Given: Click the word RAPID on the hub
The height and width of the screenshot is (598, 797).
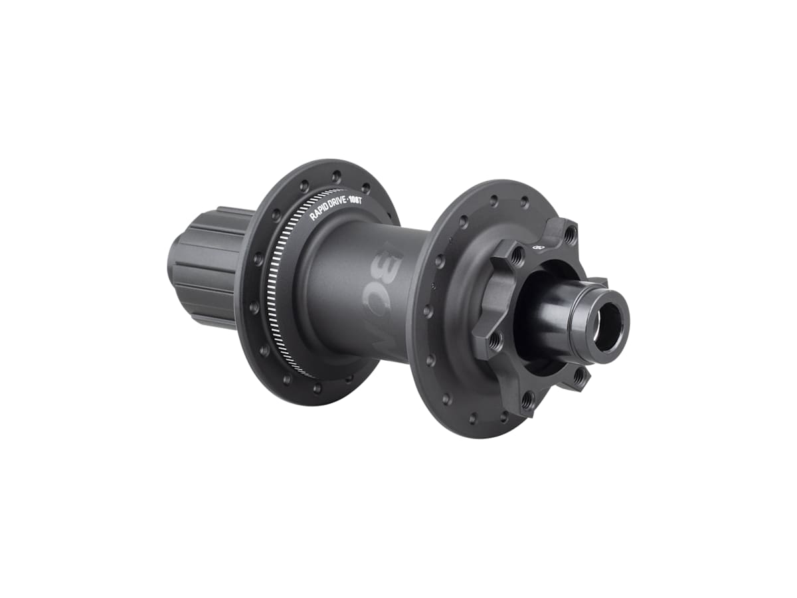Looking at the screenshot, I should click(321, 212).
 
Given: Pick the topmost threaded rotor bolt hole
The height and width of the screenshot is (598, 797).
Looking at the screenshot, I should click(569, 233).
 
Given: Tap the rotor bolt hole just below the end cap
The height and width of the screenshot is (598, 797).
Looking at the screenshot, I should click(580, 377).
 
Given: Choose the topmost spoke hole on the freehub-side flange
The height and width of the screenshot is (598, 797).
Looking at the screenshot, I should click(336, 177).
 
